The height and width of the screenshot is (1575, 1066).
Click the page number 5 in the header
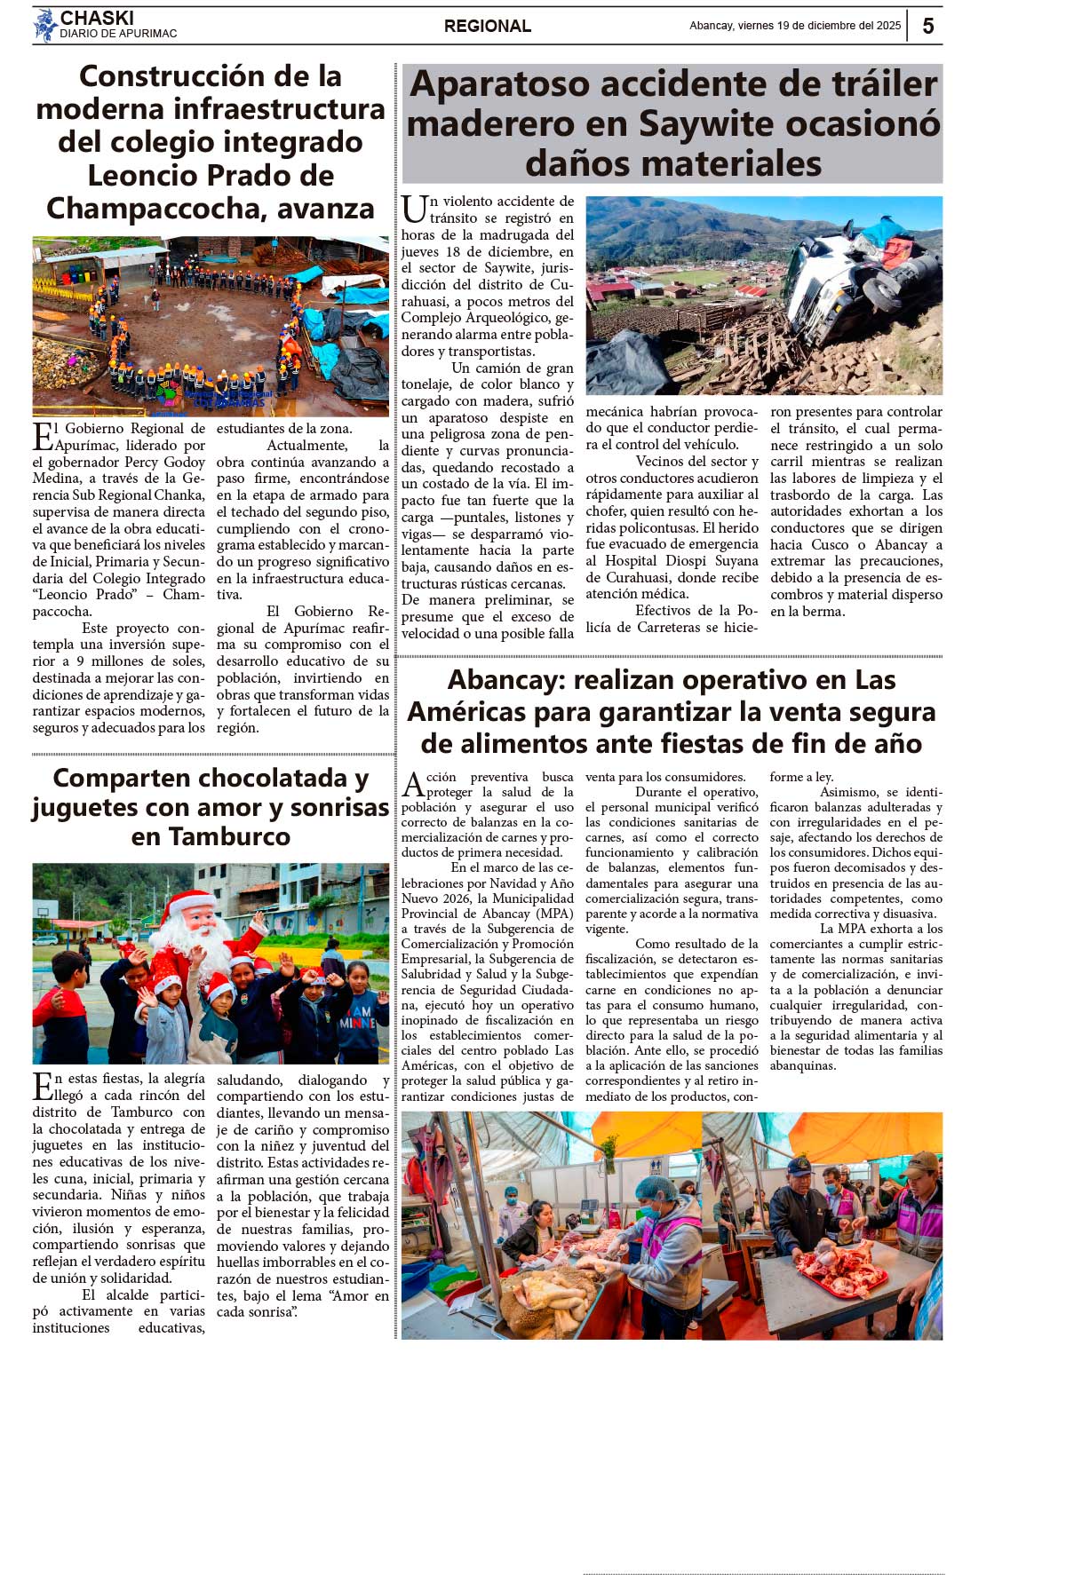(x=927, y=26)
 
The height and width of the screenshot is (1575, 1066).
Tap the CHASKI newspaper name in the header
(x=97, y=18)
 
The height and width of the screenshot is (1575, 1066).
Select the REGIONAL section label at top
(x=487, y=27)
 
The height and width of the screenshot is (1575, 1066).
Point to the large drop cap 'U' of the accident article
(x=414, y=210)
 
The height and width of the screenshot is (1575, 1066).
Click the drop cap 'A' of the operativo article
(x=413, y=785)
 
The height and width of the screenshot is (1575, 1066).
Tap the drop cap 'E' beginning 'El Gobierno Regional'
(x=43, y=437)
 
